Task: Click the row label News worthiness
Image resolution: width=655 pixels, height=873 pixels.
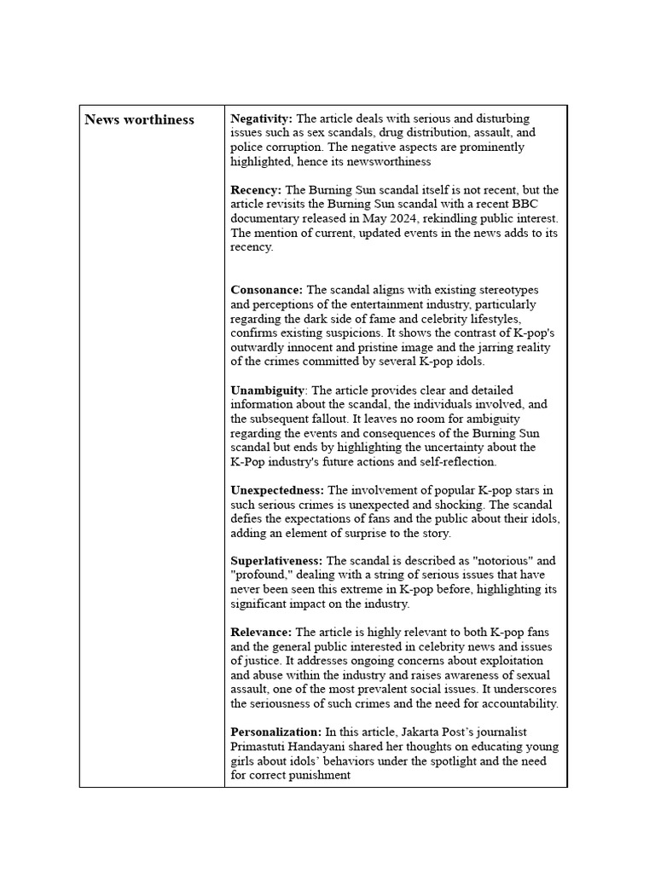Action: pyautogui.click(x=139, y=119)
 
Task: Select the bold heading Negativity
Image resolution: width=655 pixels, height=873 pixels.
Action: pyautogui.click(x=261, y=119)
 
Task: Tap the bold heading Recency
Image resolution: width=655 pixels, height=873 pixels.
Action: pyautogui.click(x=255, y=190)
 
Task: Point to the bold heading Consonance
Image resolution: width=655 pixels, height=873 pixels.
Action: pyautogui.click(x=266, y=290)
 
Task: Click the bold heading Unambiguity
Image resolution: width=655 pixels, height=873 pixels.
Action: pyautogui.click(x=267, y=390)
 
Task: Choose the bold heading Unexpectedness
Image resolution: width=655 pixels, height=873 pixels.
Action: pyautogui.click(x=277, y=490)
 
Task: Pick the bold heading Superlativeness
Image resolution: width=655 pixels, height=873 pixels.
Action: pyautogui.click(x=276, y=561)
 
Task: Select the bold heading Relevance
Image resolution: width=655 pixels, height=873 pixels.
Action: pyautogui.click(x=261, y=633)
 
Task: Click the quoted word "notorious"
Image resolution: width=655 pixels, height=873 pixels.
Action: pyautogui.click(x=504, y=561)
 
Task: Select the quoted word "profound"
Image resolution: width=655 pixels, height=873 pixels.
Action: pyautogui.click(x=259, y=575)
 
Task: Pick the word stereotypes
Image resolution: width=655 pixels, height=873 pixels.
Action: pyautogui.click(x=505, y=290)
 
